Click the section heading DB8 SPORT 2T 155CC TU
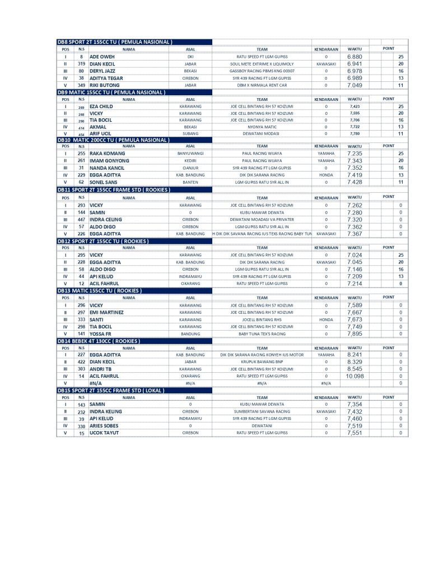[114, 42]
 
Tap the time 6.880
[355, 57]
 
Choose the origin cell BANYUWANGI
[190, 153]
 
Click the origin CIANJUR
[190, 168]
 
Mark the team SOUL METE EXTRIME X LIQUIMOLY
[262, 64]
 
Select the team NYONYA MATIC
[262, 127]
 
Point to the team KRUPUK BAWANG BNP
[262, 362]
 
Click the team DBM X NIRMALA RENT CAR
[262, 86]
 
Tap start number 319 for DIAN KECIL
[81, 64]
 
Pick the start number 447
[81, 219]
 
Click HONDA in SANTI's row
[326, 320]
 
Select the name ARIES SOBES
[104, 426]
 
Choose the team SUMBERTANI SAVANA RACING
[262, 411]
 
